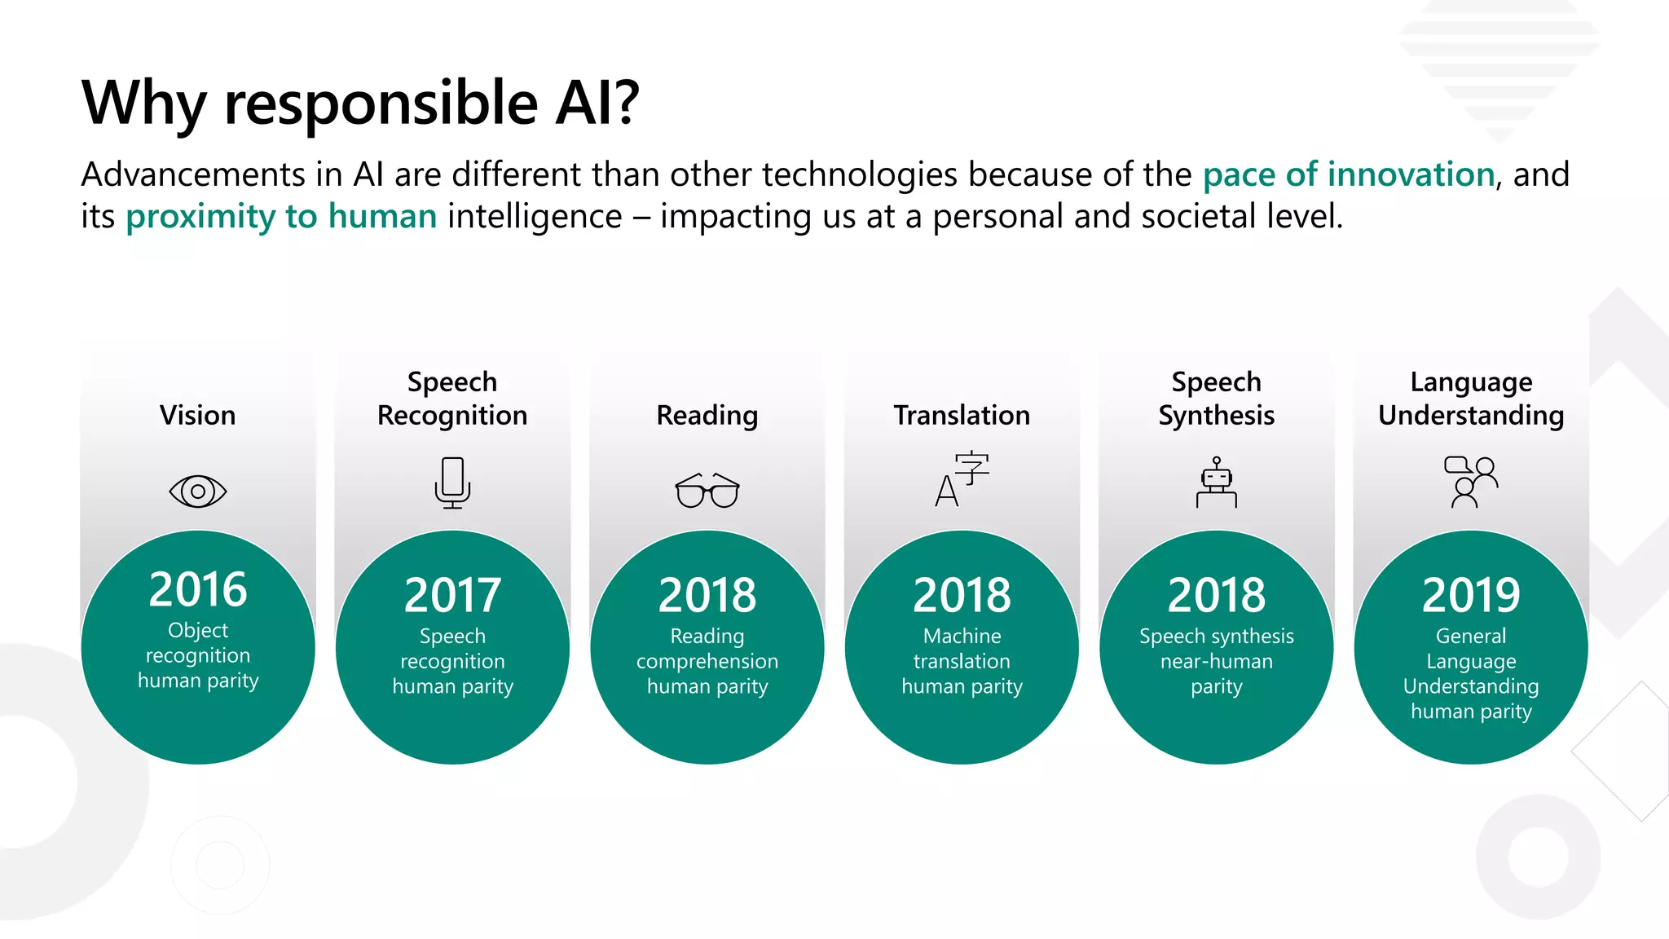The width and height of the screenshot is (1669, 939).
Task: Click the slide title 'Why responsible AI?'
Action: (360, 104)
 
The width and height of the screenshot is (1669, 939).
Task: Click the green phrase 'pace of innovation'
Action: (1348, 174)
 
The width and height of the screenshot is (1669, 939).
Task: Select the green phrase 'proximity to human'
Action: (281, 217)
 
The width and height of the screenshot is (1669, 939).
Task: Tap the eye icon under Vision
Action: (198, 492)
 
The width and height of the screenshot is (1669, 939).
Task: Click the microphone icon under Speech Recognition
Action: (452, 483)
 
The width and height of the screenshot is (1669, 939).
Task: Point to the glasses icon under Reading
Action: (707, 490)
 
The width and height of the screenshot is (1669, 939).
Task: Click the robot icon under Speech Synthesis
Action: (1216, 483)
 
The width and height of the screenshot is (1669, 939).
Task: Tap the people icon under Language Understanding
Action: (1471, 482)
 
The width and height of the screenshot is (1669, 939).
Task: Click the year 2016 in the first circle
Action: (198, 589)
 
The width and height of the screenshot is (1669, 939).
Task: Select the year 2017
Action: (452, 595)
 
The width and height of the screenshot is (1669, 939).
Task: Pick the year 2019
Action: (1471, 595)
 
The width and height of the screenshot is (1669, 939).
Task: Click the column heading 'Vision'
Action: (198, 415)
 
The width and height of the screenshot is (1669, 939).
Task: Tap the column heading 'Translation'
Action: (962, 415)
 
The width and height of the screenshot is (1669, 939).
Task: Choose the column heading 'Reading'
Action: (707, 415)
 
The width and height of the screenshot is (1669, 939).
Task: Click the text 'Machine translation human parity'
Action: (962, 661)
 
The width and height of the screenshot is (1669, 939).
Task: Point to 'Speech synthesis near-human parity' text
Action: (1216, 661)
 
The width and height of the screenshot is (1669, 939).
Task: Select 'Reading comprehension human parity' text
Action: (707, 661)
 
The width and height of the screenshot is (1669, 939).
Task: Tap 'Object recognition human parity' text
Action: (198, 655)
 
